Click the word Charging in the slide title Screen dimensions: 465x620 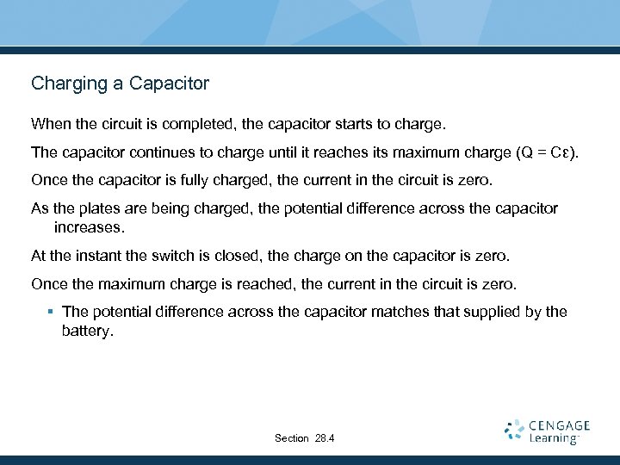65,84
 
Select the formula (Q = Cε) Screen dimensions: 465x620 547,153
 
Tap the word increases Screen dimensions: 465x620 89,227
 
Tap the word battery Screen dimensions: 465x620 87,330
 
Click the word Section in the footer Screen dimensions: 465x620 291,438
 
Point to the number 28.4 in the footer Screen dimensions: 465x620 325,438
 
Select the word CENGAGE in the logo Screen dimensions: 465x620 560,425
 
